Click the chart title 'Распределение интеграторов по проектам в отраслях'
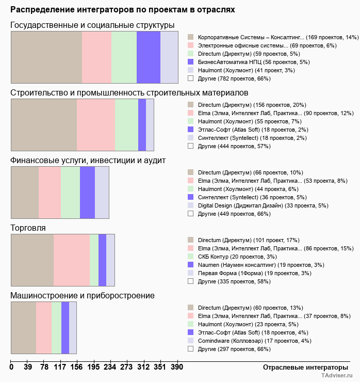tap(123, 10)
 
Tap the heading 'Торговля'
tap(28, 228)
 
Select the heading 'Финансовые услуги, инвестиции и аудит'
tap(88, 160)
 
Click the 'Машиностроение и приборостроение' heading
tap(83, 295)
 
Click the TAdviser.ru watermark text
tap(337, 376)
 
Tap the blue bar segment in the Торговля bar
tap(102, 260)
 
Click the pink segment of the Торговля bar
tap(72, 260)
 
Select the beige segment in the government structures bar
tap(46, 57)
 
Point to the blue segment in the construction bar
tap(142, 124)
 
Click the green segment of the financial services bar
tap(70, 192)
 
